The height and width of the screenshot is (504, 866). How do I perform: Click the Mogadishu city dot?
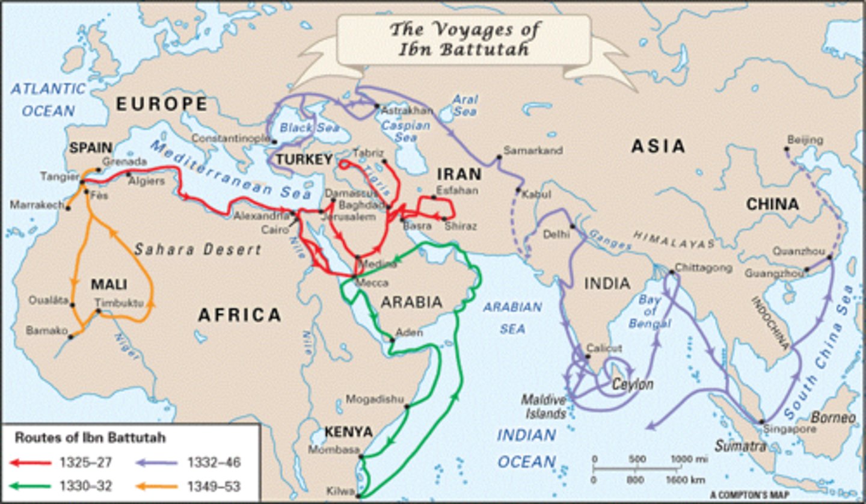[x=407, y=407]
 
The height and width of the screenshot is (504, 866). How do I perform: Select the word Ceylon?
[x=633, y=384]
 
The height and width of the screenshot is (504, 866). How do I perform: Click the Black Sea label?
[x=309, y=128]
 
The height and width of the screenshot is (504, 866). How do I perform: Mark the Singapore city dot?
[x=762, y=422]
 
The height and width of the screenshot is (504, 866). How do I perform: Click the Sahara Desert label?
[x=197, y=249]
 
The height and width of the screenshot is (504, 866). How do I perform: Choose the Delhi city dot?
[x=573, y=227]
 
